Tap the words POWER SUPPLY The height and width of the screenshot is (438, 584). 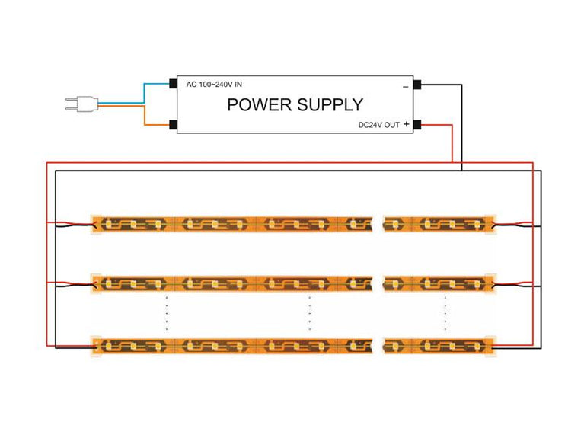tap(295, 104)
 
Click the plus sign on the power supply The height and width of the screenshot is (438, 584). tap(406, 123)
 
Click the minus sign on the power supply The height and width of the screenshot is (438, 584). tap(405, 85)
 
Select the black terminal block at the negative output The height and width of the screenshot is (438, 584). tap(417, 83)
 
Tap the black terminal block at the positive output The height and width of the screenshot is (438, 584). tap(417, 124)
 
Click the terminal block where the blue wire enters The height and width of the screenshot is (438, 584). tap(174, 83)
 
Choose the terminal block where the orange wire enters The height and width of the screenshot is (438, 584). tap(174, 124)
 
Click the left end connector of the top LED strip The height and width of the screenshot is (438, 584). tap(96, 223)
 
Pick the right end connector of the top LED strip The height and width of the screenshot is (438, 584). tap(490, 224)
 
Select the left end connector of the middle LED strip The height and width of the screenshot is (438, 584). tap(96, 283)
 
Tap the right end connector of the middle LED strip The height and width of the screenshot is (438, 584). tap(490, 283)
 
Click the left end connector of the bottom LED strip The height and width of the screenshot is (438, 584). tap(96, 346)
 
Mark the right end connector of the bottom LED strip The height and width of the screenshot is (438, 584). tap(490, 346)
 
